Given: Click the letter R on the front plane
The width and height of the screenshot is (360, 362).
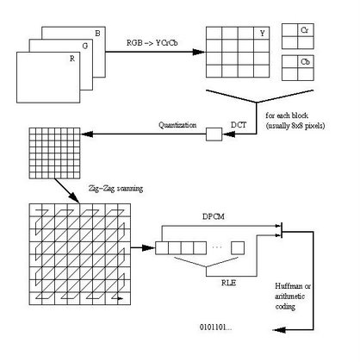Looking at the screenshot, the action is point(72,59).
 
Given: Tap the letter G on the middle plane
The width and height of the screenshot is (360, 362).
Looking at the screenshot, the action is point(85,46).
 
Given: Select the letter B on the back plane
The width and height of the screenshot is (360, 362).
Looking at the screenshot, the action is point(97,34).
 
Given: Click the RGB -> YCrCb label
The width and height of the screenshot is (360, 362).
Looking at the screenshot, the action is point(152,43).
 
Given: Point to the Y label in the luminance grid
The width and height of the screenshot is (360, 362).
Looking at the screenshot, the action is point(263,34).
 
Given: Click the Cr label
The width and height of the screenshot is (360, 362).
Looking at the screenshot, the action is point(305,30).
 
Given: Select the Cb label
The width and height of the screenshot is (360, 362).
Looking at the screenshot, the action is point(305,62).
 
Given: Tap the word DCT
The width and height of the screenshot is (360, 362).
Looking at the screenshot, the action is point(239,125).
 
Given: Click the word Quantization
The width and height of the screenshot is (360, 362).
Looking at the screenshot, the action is point(177,125).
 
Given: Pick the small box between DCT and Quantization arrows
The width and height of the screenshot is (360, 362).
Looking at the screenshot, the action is point(214,134).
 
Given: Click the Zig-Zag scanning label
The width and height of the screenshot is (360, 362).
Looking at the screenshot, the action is point(115,189).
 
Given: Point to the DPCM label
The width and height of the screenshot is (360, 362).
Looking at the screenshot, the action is point(214,216).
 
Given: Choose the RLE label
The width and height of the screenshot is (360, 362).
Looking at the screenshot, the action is point(228,283).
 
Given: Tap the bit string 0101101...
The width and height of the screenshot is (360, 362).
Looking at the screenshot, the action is point(215,328).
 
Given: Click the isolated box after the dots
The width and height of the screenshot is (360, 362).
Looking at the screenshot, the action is point(238,248).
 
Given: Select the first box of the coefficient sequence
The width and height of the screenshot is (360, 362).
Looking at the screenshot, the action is point(162,248).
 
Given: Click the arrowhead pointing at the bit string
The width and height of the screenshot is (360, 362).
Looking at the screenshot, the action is point(279,330).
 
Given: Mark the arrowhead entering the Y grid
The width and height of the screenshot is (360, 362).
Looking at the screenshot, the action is point(199,52).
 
